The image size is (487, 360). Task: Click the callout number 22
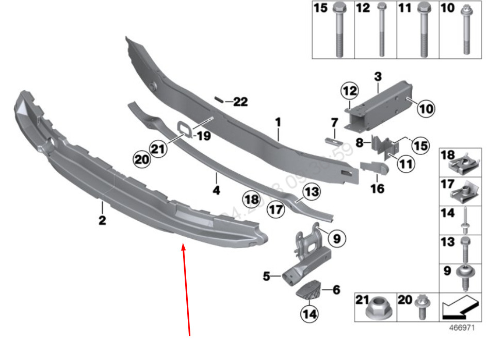[240, 102]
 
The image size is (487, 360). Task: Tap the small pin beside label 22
[219, 100]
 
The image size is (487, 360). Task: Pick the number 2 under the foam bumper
[102, 221]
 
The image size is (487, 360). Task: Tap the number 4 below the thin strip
[217, 190]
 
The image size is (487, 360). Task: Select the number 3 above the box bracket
[378, 76]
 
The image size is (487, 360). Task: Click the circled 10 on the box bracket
[426, 109]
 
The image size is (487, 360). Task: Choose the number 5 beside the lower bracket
[266, 276]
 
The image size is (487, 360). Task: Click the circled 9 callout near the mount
[336, 238]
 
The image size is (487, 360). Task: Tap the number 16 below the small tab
[377, 189]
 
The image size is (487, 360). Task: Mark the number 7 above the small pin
[334, 123]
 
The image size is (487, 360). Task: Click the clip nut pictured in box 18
[462, 164]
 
